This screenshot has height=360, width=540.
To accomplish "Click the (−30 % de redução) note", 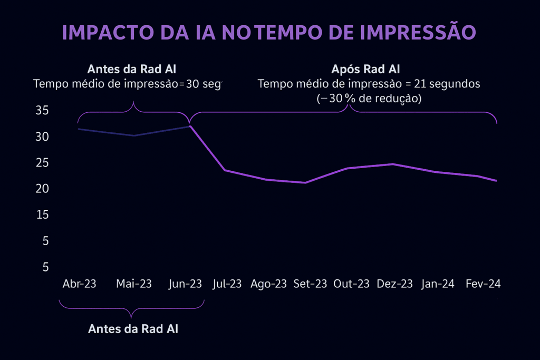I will pos(369,99).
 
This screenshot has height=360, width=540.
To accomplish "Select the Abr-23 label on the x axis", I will pos(79,284).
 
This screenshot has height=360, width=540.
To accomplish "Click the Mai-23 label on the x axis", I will pos(134,284).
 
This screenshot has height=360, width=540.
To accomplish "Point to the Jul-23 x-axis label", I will pos(227,284).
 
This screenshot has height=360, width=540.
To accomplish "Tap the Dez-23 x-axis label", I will pos(394,284).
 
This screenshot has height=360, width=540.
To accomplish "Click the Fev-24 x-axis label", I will pos(483,284).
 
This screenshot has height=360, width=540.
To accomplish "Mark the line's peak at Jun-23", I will pos(190,126).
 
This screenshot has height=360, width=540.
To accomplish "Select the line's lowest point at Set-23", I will pos(305,183).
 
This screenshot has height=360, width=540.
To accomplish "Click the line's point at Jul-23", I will pos(225,170).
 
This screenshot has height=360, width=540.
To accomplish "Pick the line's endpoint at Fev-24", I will pos(496,181).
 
